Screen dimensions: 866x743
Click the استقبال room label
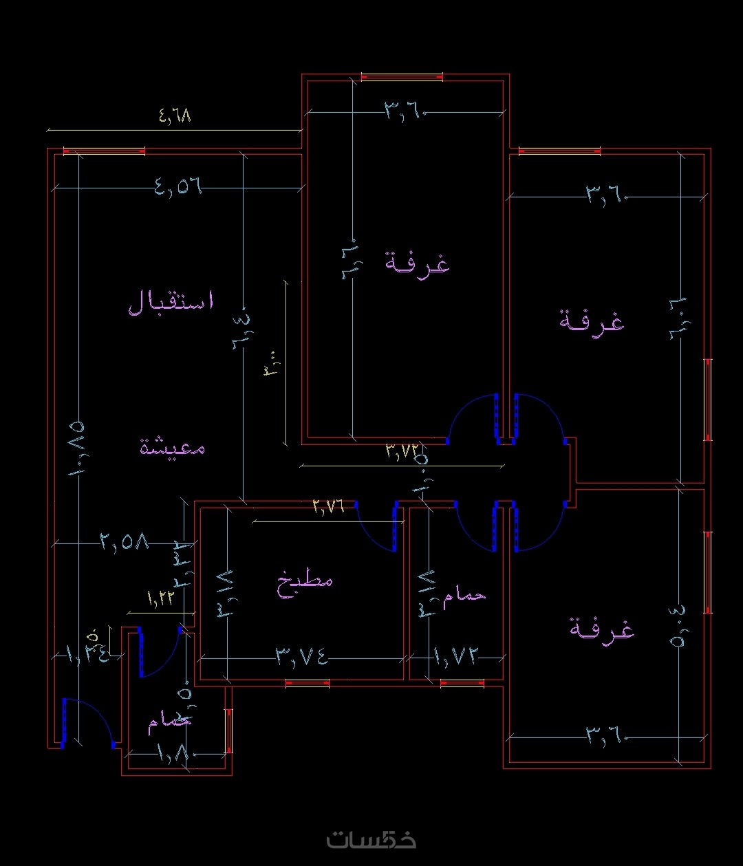click(171, 302)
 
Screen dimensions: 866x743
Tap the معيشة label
click(173, 446)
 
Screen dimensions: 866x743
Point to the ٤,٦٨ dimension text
click(175, 116)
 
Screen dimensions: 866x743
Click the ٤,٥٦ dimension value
click(178, 186)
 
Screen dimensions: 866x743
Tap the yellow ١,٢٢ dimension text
click(160, 597)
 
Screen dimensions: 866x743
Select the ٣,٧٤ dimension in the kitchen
click(302, 657)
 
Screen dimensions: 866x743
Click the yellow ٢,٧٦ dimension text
click(328, 506)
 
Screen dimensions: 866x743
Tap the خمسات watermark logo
click(371, 838)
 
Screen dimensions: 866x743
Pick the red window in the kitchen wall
click(307, 683)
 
